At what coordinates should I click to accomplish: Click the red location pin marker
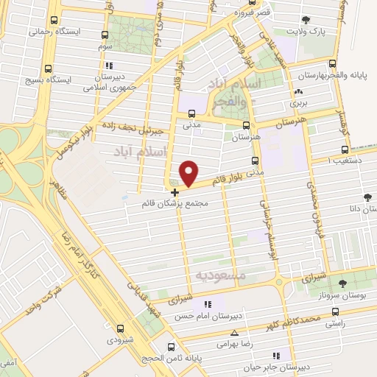(189, 173)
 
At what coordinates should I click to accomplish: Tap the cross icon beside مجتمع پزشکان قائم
(174, 192)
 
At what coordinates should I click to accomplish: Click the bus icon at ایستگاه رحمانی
(54, 21)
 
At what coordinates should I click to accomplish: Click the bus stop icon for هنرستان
(246, 126)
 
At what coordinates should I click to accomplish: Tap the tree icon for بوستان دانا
(366, 197)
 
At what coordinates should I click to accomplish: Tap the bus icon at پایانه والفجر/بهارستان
(333, 64)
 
